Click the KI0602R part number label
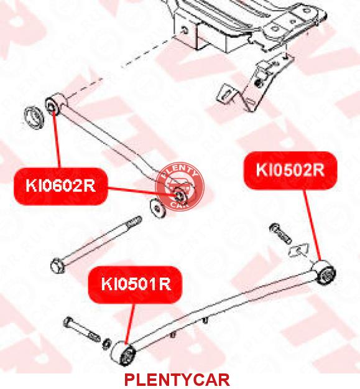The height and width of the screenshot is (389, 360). (x=61, y=186)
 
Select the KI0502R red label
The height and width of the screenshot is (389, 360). (x=290, y=170)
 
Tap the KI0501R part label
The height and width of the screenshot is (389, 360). (x=136, y=284)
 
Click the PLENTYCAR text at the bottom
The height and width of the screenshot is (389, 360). (x=177, y=380)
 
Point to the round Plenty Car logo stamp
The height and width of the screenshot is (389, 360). (x=180, y=187)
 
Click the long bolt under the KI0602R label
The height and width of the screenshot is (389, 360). (x=96, y=245)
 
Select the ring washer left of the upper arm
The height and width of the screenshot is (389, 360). (x=34, y=118)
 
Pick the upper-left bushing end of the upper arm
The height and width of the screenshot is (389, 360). (x=55, y=104)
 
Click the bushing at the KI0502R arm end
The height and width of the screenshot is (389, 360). (x=323, y=273)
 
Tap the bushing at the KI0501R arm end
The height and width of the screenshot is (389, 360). (x=123, y=354)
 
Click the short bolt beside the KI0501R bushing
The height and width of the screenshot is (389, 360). (x=82, y=330)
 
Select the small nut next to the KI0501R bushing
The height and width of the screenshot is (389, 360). (x=107, y=344)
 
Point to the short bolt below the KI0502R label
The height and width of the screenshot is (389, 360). (x=280, y=233)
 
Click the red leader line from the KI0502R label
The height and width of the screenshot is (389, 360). (x=312, y=225)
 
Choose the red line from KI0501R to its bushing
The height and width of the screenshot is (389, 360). (x=131, y=324)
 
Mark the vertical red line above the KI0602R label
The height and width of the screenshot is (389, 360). (x=56, y=139)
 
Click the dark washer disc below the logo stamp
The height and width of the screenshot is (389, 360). (x=158, y=209)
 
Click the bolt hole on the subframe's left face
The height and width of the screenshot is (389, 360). (x=185, y=30)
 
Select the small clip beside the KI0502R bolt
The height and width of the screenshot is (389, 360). (x=299, y=250)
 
